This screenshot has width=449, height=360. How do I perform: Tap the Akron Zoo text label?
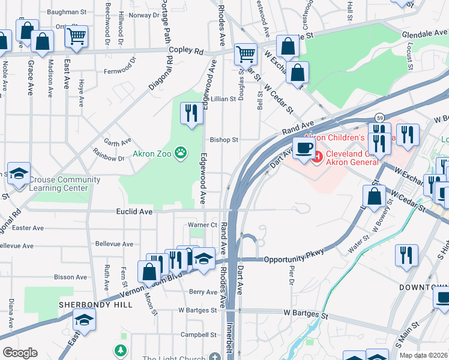click(x=153, y=154)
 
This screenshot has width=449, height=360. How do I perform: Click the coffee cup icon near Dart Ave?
click(x=304, y=148)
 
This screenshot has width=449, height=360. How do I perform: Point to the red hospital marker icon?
click(x=317, y=157)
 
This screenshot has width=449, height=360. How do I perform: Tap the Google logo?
click(x=19, y=353)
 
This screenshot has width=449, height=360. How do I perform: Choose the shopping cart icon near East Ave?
click(x=76, y=37)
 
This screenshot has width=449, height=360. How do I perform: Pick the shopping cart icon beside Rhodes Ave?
click(x=246, y=54)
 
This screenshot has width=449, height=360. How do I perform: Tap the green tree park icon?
click(x=121, y=349)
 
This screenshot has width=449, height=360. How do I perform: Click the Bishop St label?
click(x=224, y=140)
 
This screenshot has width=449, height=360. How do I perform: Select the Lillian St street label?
click(x=223, y=98)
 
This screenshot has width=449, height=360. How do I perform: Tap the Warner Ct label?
click(x=202, y=225)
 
